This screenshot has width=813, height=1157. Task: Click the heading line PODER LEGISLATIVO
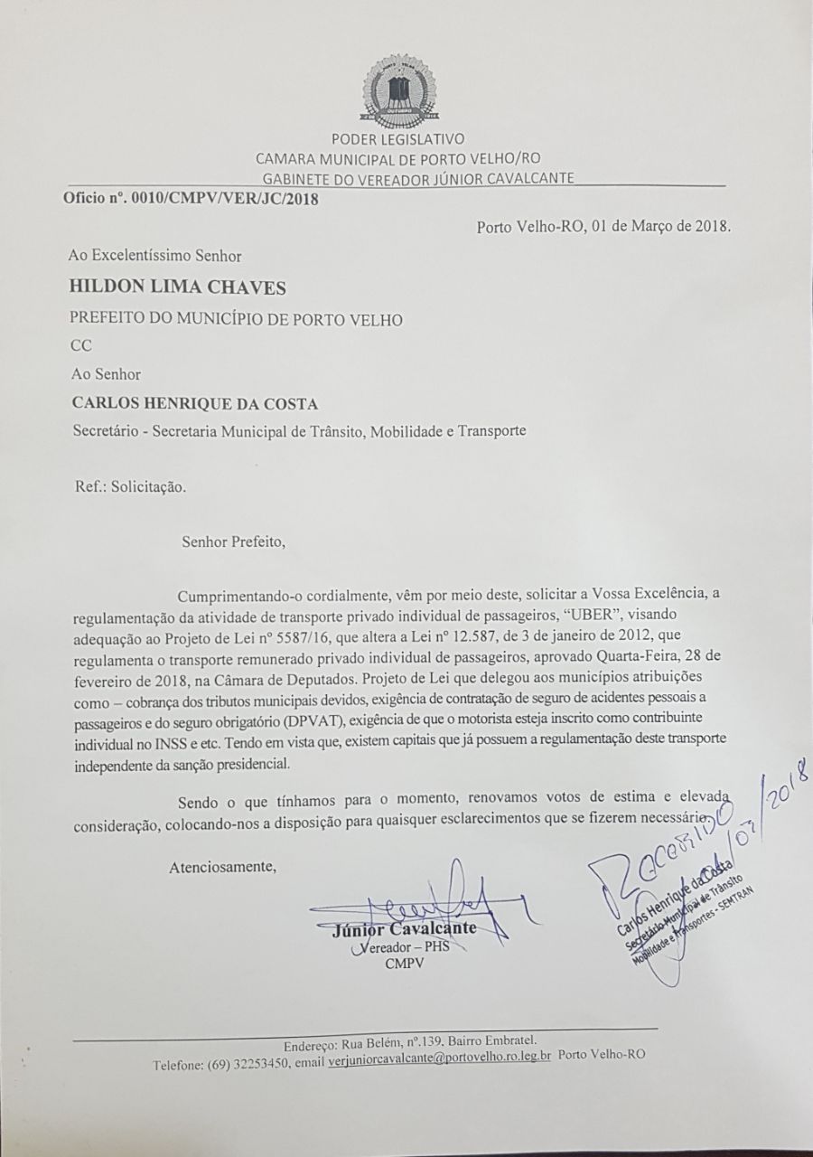[397, 139]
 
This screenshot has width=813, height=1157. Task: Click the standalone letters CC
[80, 344]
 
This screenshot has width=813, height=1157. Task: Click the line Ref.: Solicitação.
[131, 486]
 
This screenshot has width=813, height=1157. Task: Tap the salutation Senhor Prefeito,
[233, 542]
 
